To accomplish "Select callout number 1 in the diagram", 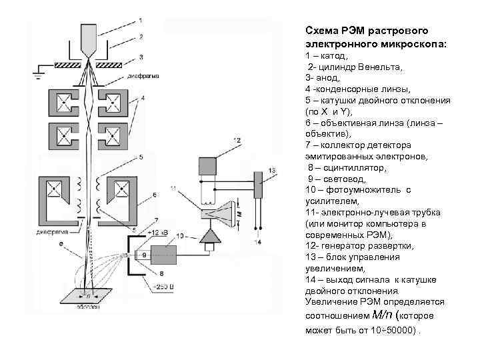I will coord(140,19).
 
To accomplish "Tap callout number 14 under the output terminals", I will coord(257,242).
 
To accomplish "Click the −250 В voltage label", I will coord(162,287).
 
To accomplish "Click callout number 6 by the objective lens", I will coord(155,195).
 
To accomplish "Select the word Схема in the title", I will coord(321,31).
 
